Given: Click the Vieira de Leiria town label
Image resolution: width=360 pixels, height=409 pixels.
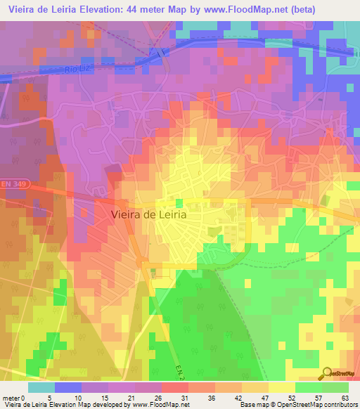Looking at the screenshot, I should click(x=149, y=216).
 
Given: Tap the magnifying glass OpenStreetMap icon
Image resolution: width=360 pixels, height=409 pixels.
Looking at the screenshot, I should click(x=327, y=372).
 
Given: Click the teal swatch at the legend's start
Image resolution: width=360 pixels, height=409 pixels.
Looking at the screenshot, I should click(x=41, y=387).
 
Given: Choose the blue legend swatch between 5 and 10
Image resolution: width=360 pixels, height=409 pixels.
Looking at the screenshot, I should click(x=68, y=387).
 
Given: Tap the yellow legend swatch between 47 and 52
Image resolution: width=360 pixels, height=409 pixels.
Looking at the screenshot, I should click(x=282, y=387).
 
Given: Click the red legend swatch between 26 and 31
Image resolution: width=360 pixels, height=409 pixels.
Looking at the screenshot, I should click(x=175, y=387).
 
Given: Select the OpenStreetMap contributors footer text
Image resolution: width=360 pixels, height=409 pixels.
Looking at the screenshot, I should click(x=311, y=404).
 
